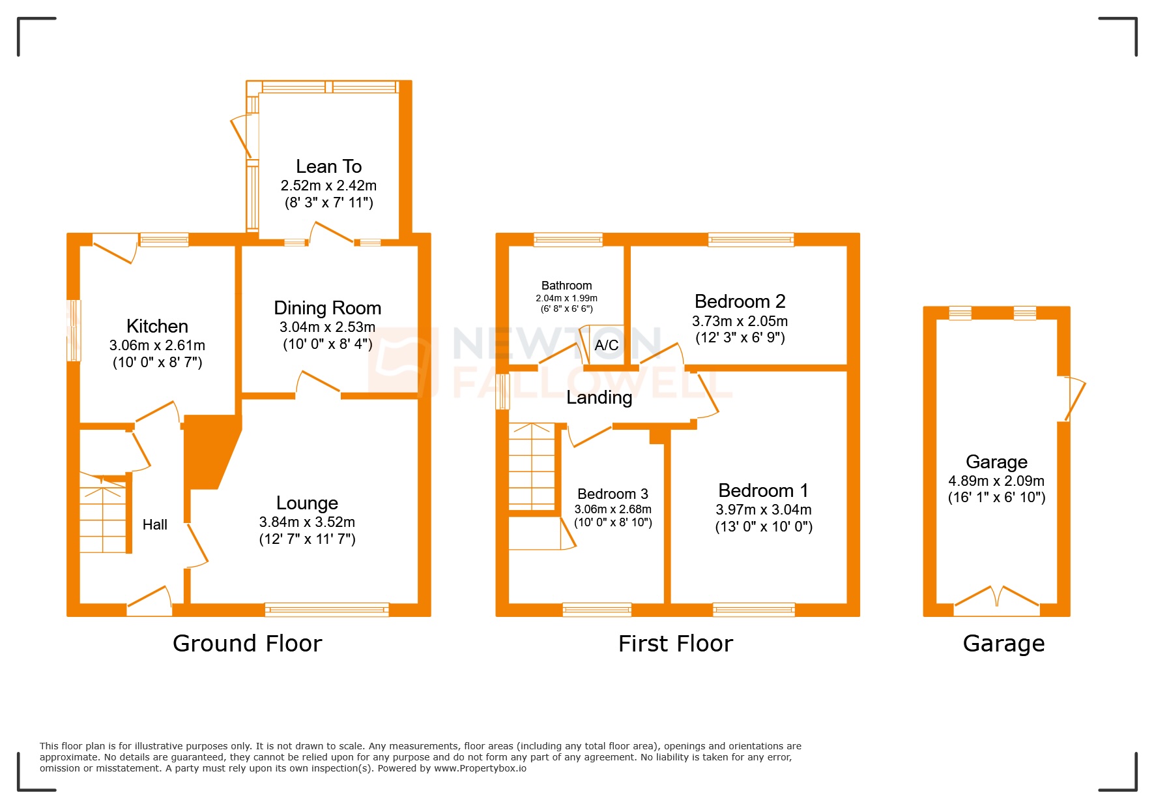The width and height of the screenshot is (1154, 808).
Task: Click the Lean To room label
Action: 328,166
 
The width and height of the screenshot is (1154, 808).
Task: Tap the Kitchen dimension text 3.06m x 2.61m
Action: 157,346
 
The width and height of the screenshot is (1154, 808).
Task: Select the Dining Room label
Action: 327,308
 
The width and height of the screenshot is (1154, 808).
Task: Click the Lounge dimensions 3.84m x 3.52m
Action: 307,522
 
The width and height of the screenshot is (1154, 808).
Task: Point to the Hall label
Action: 155,524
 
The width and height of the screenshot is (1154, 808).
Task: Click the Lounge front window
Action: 326,610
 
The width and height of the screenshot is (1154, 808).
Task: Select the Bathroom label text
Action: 566,286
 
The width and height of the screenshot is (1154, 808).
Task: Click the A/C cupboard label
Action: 607,345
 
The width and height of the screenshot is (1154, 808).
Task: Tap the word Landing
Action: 599,397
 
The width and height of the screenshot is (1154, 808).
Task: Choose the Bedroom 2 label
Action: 740,301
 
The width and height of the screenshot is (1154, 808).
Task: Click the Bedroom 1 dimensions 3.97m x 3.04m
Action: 764,509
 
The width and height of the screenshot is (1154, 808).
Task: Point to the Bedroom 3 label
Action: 613,494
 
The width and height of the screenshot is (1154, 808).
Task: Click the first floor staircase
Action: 532,466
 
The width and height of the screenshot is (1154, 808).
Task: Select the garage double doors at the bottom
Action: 996,601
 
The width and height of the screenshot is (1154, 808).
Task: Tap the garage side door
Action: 1073,398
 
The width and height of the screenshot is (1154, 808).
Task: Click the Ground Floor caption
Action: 247,644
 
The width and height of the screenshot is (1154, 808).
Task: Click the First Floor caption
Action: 675,644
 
